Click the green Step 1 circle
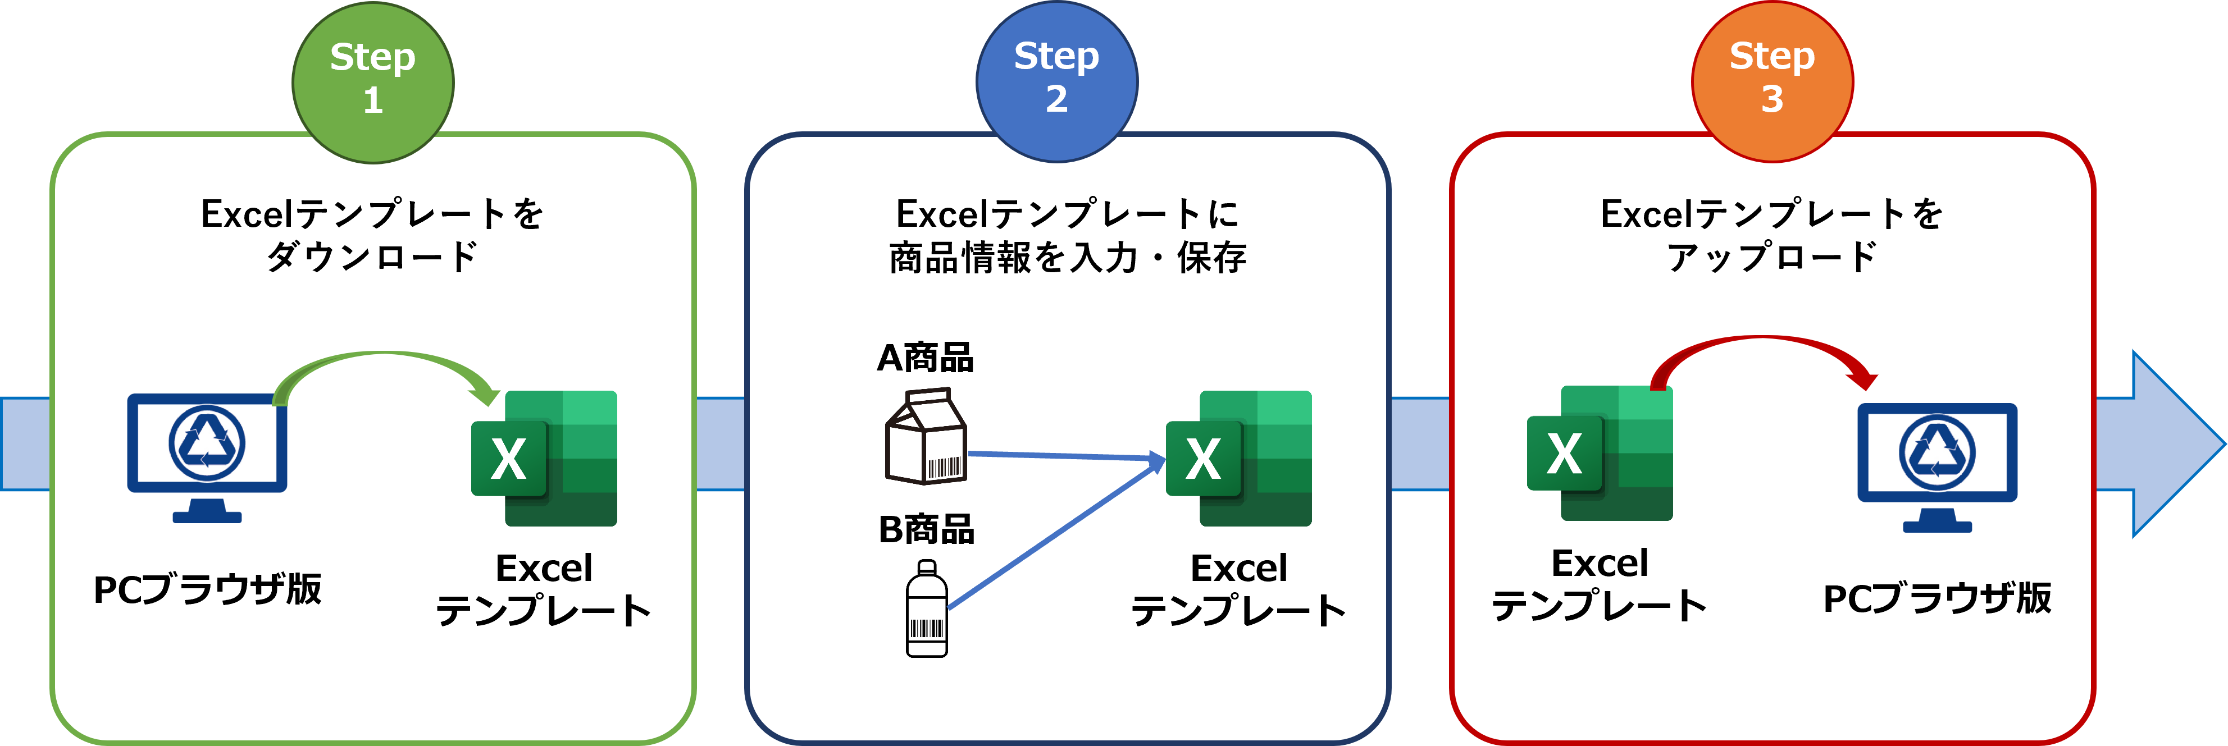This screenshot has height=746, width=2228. click(373, 81)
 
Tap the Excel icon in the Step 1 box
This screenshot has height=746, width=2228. click(545, 458)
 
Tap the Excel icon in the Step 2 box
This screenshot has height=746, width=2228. click(1240, 458)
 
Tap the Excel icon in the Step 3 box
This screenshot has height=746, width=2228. click(1600, 453)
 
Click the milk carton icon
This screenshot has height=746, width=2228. click(926, 437)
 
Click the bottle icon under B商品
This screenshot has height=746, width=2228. click(926, 610)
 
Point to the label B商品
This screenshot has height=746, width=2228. click(926, 529)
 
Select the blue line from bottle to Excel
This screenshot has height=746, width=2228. click(1055, 536)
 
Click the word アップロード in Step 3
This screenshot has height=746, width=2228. click(1771, 257)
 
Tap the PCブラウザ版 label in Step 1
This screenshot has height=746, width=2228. click(208, 589)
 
